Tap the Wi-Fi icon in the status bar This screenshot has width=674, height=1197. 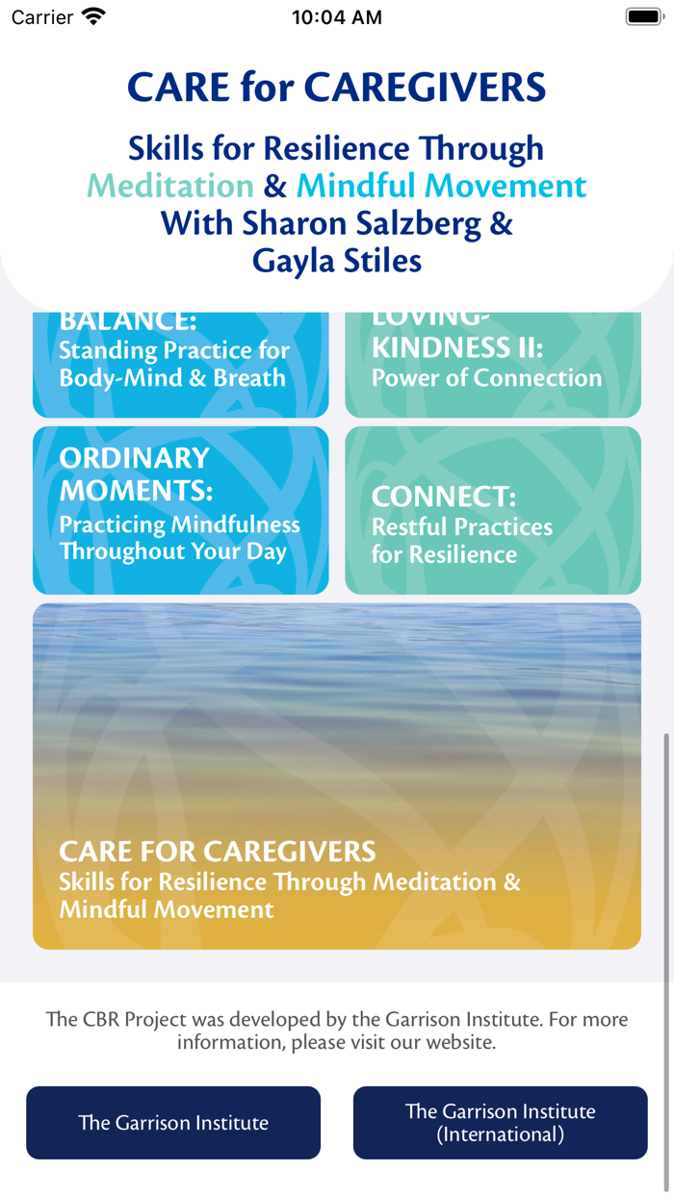point(93,16)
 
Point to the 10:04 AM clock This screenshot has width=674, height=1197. point(337,17)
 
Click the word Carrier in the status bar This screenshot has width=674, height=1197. point(42,17)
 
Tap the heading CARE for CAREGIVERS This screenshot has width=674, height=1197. point(337,88)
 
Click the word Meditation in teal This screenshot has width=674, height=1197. point(170,185)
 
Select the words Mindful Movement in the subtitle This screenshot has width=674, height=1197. point(442,185)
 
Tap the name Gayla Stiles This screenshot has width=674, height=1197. point(337,260)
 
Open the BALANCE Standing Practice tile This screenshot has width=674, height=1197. point(181,364)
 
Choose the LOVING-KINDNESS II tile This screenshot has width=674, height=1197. point(492,364)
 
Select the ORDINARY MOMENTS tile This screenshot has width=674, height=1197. point(181,510)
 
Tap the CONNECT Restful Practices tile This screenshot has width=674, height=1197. point(492,510)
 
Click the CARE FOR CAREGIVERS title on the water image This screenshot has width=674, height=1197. point(218,852)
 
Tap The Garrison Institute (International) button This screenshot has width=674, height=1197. point(500,1123)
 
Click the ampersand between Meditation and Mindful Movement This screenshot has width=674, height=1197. point(275,185)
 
